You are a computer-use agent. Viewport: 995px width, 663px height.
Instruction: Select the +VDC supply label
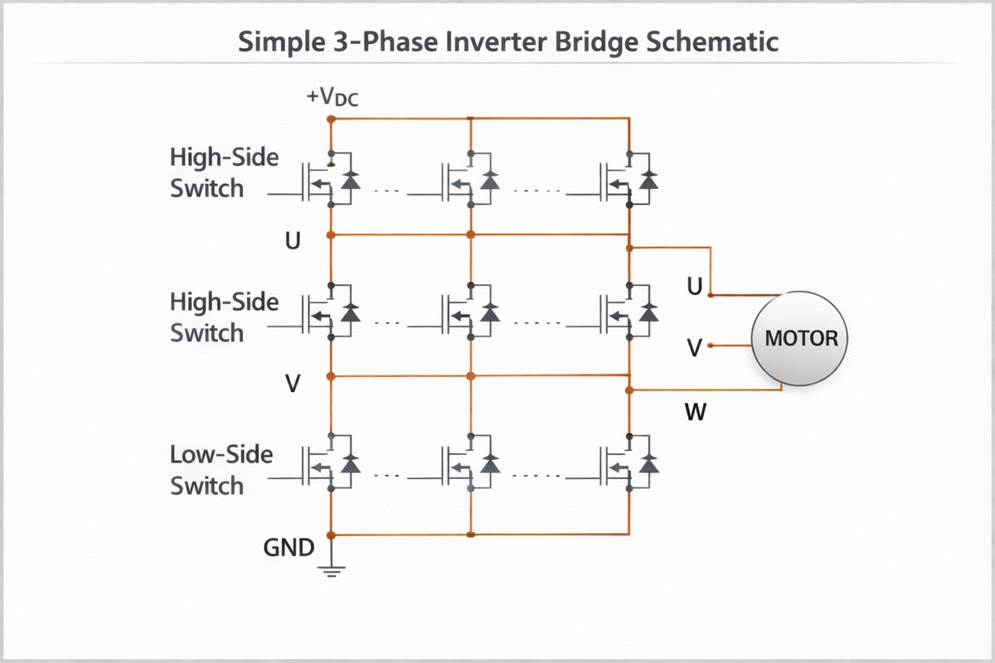click(x=332, y=99)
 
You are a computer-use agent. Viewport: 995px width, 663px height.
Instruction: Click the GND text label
click(x=289, y=547)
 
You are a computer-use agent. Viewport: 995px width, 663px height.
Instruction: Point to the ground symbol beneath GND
click(x=332, y=569)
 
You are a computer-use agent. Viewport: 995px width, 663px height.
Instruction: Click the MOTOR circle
click(x=800, y=338)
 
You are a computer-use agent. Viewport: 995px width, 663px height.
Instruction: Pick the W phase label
click(x=696, y=411)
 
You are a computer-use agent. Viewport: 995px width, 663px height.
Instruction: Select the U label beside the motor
click(x=696, y=287)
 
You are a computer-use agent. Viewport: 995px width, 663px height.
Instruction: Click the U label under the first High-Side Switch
click(x=292, y=241)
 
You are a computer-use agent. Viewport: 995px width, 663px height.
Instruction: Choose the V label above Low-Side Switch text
click(x=292, y=384)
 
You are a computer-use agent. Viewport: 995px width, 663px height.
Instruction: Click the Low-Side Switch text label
click(x=221, y=470)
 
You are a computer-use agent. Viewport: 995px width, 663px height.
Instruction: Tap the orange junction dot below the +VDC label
click(x=331, y=119)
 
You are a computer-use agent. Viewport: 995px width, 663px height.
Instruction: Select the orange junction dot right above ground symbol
click(x=331, y=535)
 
